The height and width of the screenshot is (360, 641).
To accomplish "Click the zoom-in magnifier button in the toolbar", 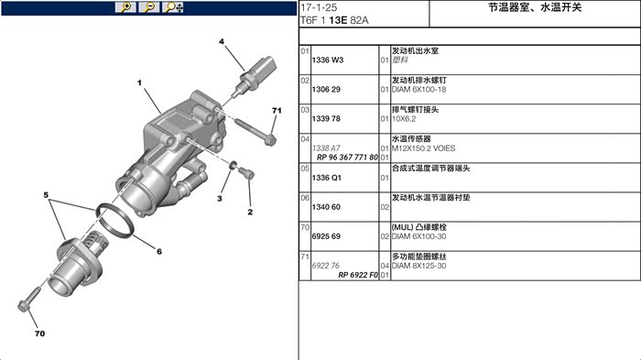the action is click(x=125, y=7).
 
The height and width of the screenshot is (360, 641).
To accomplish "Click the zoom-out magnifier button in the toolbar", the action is click(x=149, y=7).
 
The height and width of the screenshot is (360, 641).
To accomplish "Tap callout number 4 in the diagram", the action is click(x=222, y=41).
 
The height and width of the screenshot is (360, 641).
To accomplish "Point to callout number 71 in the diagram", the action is click(x=277, y=111).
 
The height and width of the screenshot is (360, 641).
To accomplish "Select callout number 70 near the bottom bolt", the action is click(x=39, y=333).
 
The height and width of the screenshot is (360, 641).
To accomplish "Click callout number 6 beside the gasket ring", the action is click(x=159, y=251).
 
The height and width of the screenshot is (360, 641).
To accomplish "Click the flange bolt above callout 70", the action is click(x=30, y=300).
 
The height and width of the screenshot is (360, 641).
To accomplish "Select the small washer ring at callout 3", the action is click(x=233, y=165).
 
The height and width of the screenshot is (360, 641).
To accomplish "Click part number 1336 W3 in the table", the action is click(x=328, y=60).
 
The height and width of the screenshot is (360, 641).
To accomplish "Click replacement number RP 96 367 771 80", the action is click(x=347, y=157).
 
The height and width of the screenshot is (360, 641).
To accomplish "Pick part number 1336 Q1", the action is click(x=326, y=178).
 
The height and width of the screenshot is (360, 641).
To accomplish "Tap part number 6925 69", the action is click(x=326, y=236).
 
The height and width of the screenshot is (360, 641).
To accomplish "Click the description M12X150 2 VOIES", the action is click(x=423, y=148).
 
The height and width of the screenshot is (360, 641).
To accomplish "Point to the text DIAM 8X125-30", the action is click(x=418, y=266).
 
